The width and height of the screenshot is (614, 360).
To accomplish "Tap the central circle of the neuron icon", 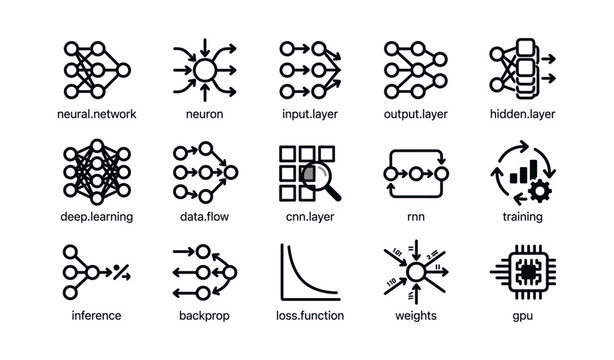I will pyautogui.click(x=205, y=70).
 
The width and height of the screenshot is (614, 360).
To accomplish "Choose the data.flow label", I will pyautogui.click(x=205, y=216).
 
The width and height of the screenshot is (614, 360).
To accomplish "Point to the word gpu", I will pyautogui.click(x=521, y=316).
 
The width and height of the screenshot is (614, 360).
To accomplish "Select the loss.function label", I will pyautogui.click(x=311, y=316).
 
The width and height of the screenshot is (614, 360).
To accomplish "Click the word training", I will pyautogui.click(x=521, y=216).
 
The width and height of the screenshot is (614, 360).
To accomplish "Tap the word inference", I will pyautogui.click(x=98, y=316).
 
